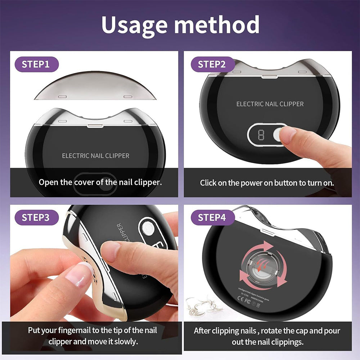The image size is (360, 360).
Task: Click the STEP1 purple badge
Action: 36,64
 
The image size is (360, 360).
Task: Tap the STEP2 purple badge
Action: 212,64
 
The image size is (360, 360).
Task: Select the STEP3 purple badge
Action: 36,218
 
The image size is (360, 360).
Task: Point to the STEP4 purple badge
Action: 212,218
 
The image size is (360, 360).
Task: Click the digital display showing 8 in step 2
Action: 261,135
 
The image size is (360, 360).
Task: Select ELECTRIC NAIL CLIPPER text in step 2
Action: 270,104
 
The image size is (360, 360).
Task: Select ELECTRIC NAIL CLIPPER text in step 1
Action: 95,156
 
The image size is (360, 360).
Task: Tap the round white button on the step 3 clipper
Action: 147,228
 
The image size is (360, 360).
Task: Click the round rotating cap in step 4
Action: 262,266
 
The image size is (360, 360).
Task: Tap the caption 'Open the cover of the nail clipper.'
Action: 100,182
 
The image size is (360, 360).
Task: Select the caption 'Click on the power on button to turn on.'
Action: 267,183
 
